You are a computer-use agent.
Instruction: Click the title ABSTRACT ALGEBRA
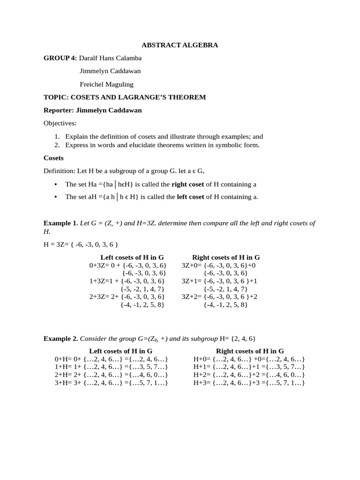coord(180,45)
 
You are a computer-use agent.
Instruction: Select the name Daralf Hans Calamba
coord(110,58)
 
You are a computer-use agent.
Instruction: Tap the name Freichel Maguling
coord(106,84)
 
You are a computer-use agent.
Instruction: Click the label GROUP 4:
coord(60,58)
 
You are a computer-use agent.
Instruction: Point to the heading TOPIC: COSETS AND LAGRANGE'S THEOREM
coord(125,97)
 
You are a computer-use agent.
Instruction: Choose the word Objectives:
coord(60,123)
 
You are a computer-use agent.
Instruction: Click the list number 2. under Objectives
coord(58,145)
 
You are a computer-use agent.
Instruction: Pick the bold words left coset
coord(190,197)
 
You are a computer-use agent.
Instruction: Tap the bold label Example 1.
coord(61,223)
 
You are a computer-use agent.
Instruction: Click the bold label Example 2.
coord(61,338)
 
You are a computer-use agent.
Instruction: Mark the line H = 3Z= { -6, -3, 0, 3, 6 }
coord(81,244)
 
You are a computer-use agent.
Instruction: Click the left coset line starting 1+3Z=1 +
coord(127,281)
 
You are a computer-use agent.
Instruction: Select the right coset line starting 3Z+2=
coord(219,297)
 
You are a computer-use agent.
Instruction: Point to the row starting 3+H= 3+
coord(112,383)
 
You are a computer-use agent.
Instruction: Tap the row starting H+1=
coord(249,367)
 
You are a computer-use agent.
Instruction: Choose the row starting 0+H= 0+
coord(112,359)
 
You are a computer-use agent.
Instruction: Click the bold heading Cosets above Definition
coord(53,158)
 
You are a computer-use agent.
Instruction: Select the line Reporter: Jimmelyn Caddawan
coord(92,110)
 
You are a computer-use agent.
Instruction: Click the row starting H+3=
coord(249,383)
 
